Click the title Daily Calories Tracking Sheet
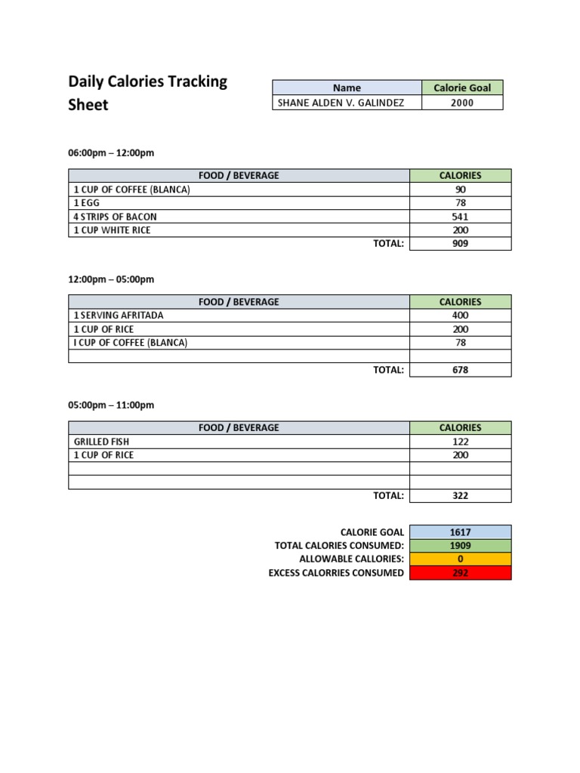point(147,93)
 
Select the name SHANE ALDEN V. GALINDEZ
point(338,103)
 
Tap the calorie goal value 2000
point(461,103)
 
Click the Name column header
point(347,88)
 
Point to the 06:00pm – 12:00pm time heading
point(111,153)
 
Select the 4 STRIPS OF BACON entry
point(115,217)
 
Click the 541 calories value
point(460,217)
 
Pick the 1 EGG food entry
point(86,203)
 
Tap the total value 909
point(460,244)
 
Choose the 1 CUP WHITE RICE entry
point(112,230)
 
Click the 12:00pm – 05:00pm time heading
point(111,279)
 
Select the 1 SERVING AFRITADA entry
point(118,316)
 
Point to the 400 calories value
point(460,316)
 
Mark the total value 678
point(460,370)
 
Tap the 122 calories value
point(460,442)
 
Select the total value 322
point(460,496)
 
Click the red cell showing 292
point(460,573)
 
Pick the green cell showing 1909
point(460,546)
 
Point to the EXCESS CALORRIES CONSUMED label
point(336,573)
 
